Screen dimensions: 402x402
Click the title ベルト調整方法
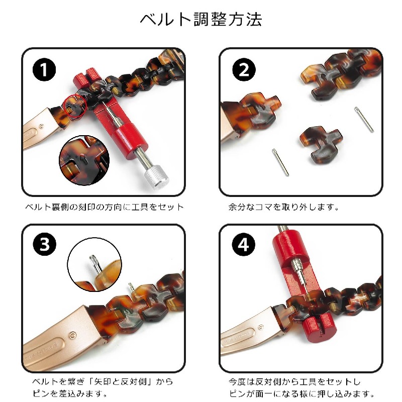coord(201,20)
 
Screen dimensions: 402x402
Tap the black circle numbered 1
coord(44,69)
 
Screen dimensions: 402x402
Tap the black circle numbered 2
coord(244,69)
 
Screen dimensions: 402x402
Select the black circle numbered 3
coord(44,244)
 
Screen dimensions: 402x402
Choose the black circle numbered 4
coord(244,244)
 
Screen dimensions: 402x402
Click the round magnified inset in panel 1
coord(84,160)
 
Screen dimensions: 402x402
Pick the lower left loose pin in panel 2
coord(280,162)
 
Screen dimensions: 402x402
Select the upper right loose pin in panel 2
coord(364,120)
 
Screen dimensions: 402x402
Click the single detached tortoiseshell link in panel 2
coord(321,144)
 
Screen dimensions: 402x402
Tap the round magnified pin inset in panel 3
coord(94,264)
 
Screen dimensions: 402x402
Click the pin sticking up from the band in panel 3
coord(131,286)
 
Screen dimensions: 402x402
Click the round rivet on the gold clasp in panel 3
coord(73,335)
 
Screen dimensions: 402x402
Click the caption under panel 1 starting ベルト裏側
coord(105,207)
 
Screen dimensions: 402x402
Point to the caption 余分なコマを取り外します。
coord(283,207)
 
